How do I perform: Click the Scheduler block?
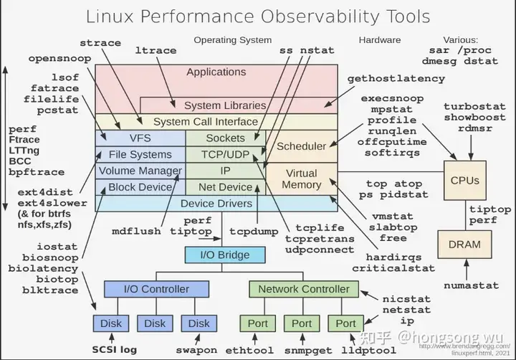pos(301,146)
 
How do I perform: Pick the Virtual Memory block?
pos(301,179)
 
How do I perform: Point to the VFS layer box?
pos(140,138)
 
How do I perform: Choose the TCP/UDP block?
pos(225,154)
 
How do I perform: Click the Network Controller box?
pos(304,289)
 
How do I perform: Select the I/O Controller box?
pos(157,289)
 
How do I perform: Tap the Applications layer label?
pos(216,72)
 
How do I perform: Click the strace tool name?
pos(100,43)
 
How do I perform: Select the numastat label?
pos(470,285)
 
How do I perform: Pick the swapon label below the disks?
pos(196,350)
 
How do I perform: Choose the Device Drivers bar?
pos(216,204)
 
